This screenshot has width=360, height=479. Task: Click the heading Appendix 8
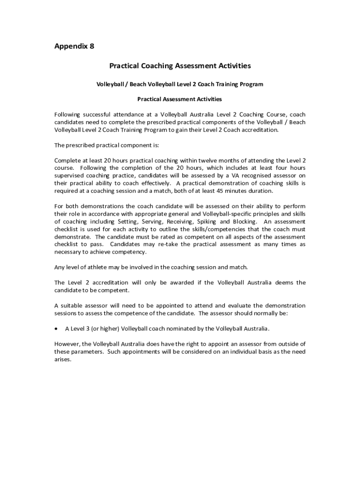(74, 46)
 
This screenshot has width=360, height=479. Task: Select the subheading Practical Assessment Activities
(180, 99)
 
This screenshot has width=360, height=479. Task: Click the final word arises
(63, 360)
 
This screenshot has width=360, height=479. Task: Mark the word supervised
(71, 175)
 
